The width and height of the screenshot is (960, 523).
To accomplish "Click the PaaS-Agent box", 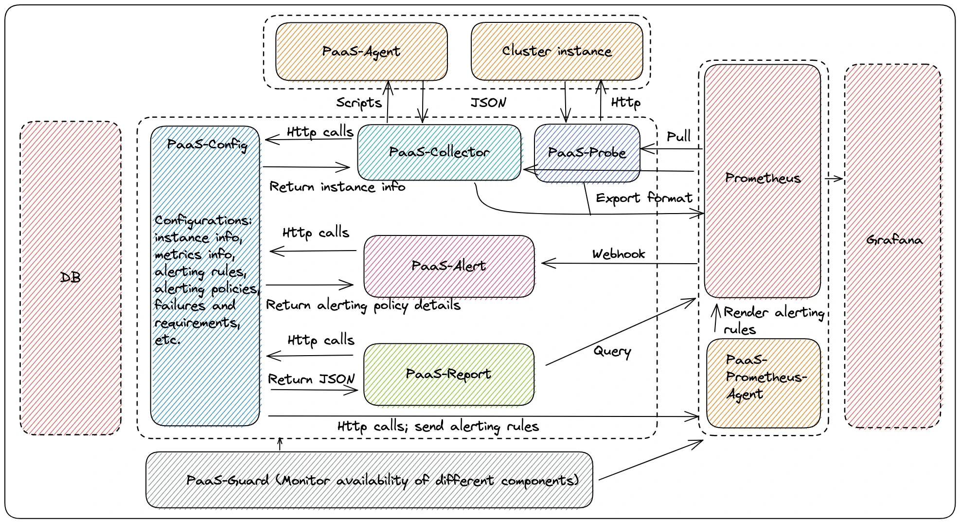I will coord(361,51).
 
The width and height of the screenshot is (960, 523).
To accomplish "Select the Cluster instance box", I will coord(557,51).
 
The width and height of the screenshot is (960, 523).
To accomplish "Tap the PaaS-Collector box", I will coord(439,152).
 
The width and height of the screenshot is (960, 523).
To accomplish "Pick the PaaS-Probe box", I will coord(587,153).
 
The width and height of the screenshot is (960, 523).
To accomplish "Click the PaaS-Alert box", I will coord(448,266).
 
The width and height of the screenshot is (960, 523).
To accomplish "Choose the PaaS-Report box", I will coord(448,374).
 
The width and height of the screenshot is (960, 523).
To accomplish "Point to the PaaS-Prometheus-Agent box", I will coord(764,383).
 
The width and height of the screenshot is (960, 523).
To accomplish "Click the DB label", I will coord(71,277).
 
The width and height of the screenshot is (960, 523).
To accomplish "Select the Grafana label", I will coord(894,240).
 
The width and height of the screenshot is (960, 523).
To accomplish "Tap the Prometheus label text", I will coord(763,178).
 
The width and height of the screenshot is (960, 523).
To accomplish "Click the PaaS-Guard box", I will coord(370,480).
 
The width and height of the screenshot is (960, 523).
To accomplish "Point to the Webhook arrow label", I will coord(619,254).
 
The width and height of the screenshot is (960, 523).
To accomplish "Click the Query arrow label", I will coord(612,351).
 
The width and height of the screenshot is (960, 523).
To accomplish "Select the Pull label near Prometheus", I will coord(678,137).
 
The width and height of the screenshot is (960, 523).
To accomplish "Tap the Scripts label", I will coord(359,103).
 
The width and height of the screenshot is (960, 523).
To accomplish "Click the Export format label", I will coord(644,198).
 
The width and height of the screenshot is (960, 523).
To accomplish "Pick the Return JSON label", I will coord(311,379).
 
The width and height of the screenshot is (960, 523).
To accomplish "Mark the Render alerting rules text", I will coord(773,321).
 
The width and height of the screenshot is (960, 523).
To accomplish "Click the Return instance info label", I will coord(337,187).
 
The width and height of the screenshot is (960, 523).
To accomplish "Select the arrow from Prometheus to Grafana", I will coord(834,179).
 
